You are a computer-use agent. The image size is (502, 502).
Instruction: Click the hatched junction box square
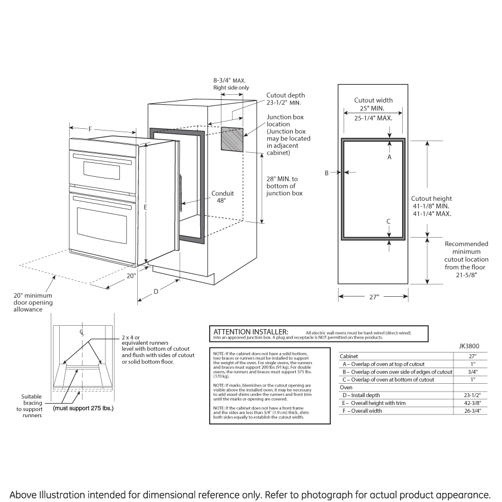[232, 139]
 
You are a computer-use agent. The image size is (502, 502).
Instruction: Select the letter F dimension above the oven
[90, 129]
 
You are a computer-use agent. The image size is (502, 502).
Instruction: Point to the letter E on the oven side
[145, 207]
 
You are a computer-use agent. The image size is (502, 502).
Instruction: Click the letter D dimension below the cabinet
[156, 291]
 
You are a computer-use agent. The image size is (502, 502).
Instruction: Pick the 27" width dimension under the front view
[373, 298]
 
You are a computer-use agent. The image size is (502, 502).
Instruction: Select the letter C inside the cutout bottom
[389, 221]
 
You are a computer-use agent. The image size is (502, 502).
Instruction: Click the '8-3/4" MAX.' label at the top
[229, 80]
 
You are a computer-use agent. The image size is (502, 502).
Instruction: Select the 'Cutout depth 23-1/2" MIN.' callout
[285, 99]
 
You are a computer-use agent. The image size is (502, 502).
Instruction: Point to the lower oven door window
[103, 222]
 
